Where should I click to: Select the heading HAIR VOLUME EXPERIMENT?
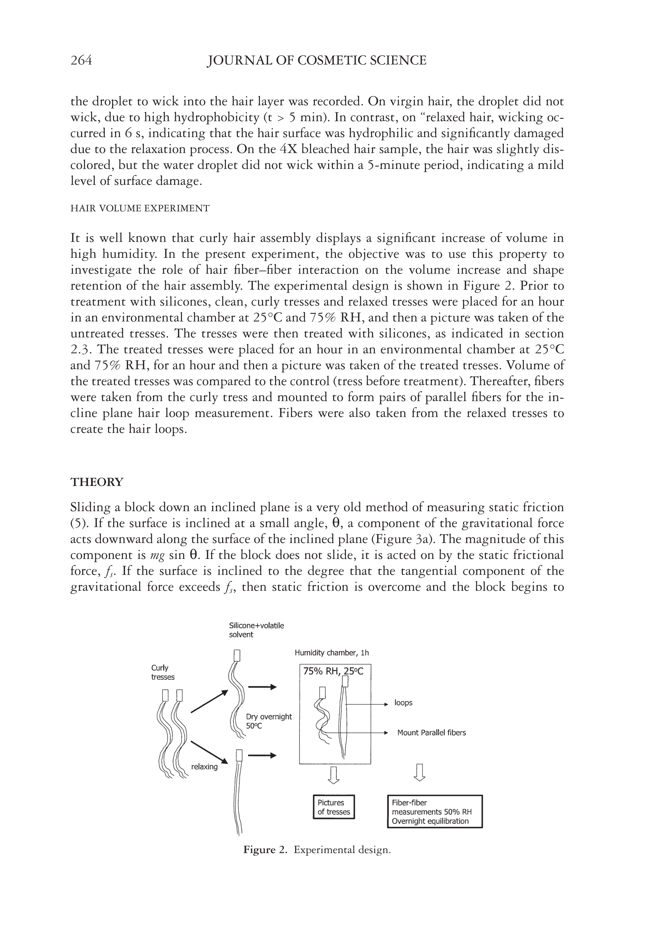140,208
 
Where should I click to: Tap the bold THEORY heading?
97,482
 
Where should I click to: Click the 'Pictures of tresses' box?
333,807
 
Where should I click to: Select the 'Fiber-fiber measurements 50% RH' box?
434,811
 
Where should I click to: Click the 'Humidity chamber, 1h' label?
331,653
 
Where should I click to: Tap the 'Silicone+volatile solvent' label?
256,630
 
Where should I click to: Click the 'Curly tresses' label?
162,672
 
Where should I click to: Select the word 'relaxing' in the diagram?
204,766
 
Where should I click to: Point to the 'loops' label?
403,703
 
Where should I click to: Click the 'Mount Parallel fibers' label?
431,732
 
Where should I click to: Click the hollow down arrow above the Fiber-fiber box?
420,772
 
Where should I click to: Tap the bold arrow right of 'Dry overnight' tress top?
262,687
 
